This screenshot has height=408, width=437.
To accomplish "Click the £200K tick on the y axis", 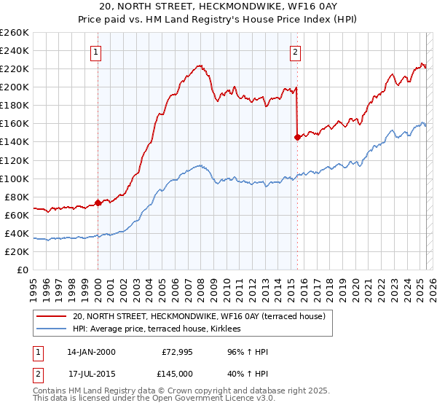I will [x=14, y=87].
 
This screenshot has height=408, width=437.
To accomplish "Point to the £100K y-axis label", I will [x=14, y=178].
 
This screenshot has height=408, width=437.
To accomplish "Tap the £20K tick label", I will [x=16, y=251].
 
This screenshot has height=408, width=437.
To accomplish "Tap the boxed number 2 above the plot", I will [x=296, y=52].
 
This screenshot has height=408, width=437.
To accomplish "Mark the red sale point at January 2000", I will [x=98, y=203].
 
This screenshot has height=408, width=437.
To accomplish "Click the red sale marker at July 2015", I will [x=297, y=137].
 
